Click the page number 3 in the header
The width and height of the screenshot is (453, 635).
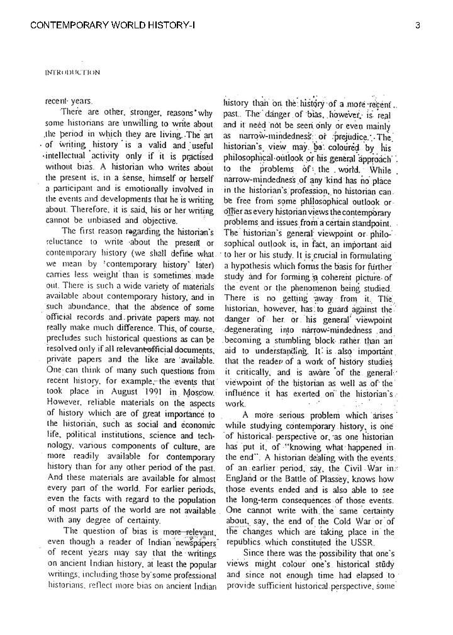pyautogui.click(x=418, y=25)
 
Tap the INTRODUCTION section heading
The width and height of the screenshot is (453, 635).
pyautogui.click(x=72, y=72)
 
